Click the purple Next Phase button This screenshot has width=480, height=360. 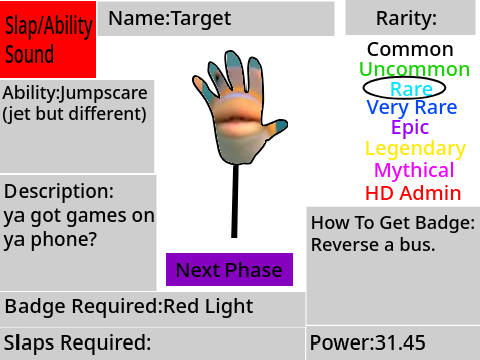[x=229, y=269]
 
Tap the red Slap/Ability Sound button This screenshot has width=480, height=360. [x=48, y=39]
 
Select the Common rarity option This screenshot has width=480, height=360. [x=410, y=50]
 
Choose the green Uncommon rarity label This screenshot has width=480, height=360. [x=414, y=69]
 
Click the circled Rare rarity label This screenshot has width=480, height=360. [x=411, y=89]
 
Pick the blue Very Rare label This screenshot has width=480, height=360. [x=412, y=108]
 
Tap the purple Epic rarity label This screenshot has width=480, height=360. [x=410, y=128]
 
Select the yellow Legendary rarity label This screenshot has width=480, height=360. [x=415, y=149]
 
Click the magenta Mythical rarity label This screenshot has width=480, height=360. [x=414, y=170]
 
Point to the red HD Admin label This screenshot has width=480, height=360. [x=413, y=193]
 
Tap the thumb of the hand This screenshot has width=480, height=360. [x=275, y=127]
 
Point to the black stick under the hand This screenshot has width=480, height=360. [x=235, y=201]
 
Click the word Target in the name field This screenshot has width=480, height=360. [x=201, y=19]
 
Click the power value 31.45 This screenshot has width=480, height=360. [x=400, y=342]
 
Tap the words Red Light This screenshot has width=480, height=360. [x=208, y=307]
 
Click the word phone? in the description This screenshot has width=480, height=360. [x=64, y=240]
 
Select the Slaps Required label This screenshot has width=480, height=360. [x=77, y=342]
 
